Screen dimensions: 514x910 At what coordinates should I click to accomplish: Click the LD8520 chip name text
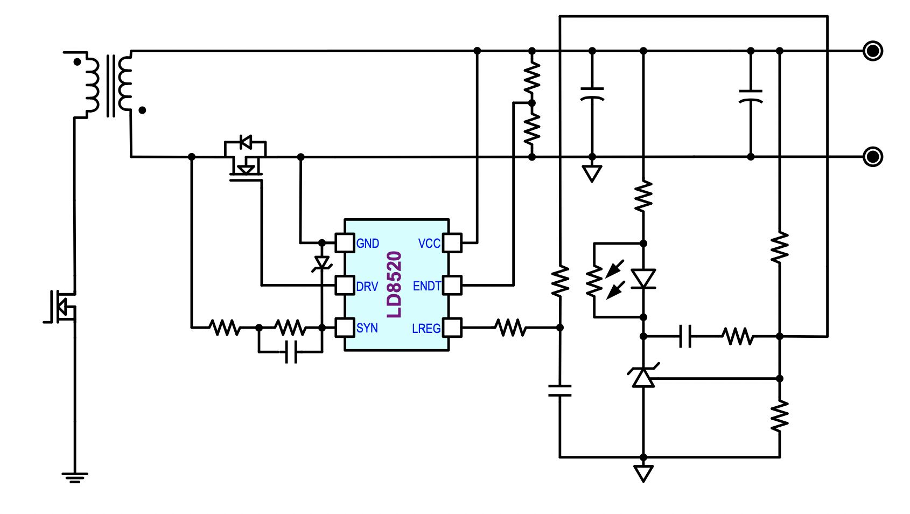[x=395, y=284]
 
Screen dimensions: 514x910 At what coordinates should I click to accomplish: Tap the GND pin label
[x=368, y=244]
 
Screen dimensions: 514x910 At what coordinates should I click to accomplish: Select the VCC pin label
[x=429, y=244]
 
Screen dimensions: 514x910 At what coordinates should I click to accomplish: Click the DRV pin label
[x=367, y=286]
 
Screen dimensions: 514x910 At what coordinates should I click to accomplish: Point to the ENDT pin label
[x=427, y=286]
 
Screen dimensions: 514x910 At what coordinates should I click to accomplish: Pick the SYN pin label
[x=367, y=328]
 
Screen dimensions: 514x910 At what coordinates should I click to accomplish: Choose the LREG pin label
[x=426, y=328]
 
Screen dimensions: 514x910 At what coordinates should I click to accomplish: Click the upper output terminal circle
[x=872, y=51]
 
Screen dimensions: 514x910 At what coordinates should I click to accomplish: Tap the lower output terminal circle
[x=872, y=157]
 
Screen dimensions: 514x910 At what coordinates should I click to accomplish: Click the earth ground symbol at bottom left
[x=74, y=477]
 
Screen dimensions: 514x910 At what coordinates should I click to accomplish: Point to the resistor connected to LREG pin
[x=510, y=328]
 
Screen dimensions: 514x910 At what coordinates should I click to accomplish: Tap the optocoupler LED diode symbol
[x=643, y=279]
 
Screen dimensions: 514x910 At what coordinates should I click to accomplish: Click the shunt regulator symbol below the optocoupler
[x=643, y=377]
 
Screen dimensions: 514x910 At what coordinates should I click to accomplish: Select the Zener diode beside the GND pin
[x=322, y=263]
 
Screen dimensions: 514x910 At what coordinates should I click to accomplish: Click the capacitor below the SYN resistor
[x=291, y=352]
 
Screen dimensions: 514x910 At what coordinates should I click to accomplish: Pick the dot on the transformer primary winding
[x=78, y=62]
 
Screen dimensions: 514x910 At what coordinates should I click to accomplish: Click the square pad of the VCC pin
[x=452, y=243]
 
